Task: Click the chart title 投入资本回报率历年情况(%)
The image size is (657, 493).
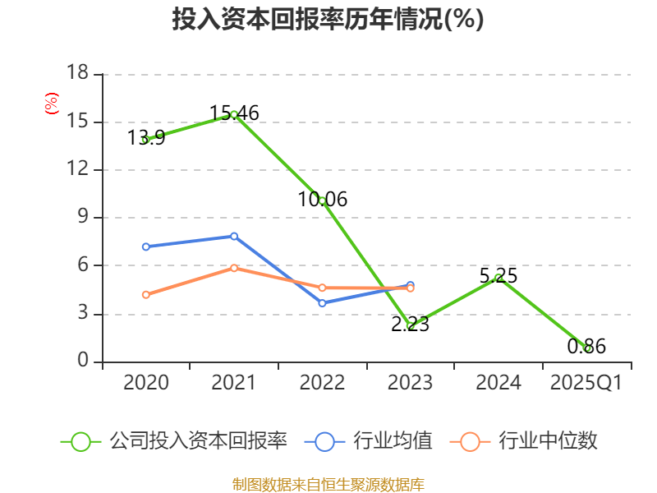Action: pos(328,20)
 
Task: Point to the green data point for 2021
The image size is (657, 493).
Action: pos(234,114)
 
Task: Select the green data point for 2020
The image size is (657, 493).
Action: pos(145,140)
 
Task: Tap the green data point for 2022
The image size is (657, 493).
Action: pos(322,200)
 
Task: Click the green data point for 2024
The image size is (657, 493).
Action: pos(498,278)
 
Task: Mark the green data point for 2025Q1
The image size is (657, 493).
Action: pos(586,348)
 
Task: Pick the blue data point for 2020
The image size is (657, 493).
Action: pos(145,246)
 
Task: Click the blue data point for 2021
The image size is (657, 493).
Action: pos(234,237)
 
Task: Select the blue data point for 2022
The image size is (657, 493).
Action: pos(322,303)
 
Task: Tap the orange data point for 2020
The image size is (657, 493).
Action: pos(145,295)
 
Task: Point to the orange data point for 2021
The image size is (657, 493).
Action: pos(234,268)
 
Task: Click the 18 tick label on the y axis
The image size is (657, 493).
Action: pos(77,74)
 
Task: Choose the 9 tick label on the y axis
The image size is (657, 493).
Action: pos(83,218)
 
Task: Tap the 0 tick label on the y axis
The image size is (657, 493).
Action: pos(83,362)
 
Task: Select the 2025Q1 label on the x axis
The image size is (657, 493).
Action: pos(586,383)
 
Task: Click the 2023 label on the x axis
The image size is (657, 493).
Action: pos(410,383)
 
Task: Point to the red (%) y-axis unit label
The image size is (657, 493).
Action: pos(51,104)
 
